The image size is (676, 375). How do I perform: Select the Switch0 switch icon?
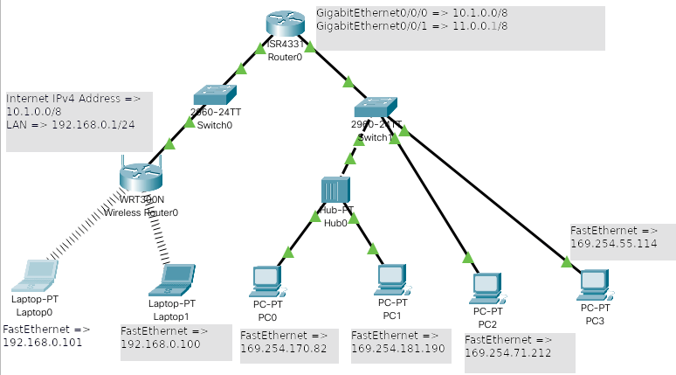click(x=211, y=94)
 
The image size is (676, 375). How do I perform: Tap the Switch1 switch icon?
click(x=375, y=108)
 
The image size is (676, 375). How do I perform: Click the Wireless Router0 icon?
click(x=141, y=180)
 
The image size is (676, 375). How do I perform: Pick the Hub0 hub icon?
click(x=335, y=190)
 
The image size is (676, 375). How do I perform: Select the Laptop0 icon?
click(x=34, y=275)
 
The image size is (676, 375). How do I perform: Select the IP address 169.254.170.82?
click(x=284, y=349)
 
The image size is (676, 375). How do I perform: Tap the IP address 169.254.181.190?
click(x=398, y=349)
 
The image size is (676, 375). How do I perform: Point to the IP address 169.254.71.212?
click(x=508, y=353)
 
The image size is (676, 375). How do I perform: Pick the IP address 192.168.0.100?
click(x=160, y=345)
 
